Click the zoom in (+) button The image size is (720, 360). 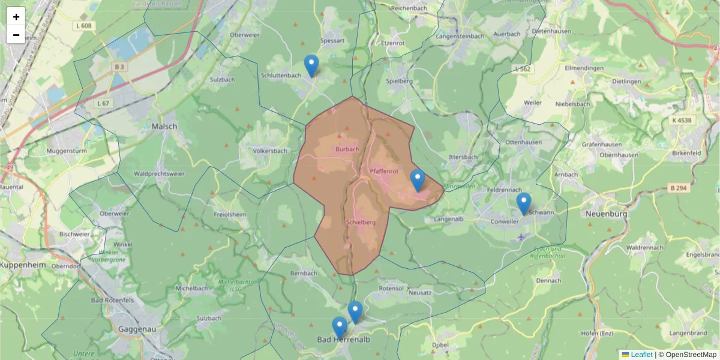click(16, 17)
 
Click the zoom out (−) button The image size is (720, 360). click(16, 35)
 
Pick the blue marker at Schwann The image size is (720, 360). click(524, 204)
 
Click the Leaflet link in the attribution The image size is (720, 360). click(641, 355)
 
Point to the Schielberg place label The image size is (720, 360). click(361, 223)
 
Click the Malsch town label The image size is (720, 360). click(164, 127)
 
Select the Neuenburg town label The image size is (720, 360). click(607, 214)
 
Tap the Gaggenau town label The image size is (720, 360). click(137, 329)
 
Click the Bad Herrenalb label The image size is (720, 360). click(343, 340)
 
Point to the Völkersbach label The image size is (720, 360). click(270, 151)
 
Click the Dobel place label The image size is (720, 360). click(440, 346)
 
